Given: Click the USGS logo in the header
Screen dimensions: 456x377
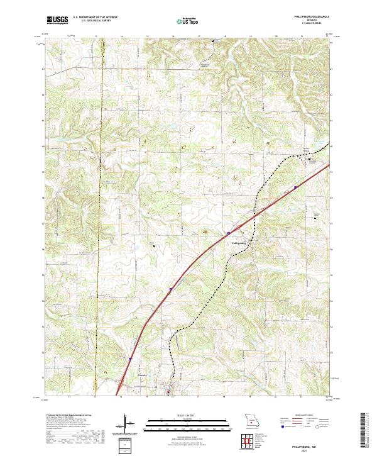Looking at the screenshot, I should pyautogui.click(x=57, y=21).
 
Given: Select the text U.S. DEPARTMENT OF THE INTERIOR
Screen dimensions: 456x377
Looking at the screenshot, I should pyautogui.click(x=95, y=18).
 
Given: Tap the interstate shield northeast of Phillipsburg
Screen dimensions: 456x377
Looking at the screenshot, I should pyautogui.click(x=295, y=187).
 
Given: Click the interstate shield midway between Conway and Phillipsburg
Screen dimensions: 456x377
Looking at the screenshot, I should pyautogui.click(x=170, y=291).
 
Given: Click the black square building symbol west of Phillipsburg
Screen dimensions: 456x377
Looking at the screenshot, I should pyautogui.click(x=155, y=246).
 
